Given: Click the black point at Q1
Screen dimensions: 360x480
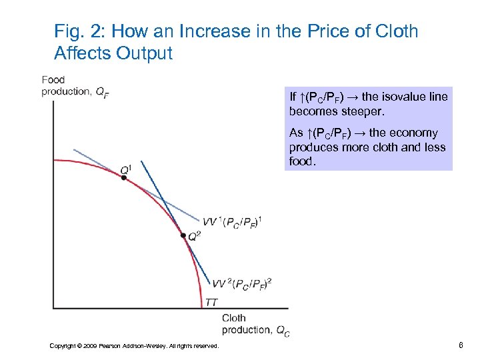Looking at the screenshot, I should pyautogui.click(x=123, y=178).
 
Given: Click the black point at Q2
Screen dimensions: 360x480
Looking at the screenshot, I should pyautogui.click(x=183, y=235).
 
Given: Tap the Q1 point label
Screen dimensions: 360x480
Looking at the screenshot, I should pyautogui.click(x=125, y=169).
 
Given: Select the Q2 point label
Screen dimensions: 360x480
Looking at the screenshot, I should pyautogui.click(x=195, y=236).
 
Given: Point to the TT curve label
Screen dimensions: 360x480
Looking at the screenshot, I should pyautogui.click(x=211, y=302).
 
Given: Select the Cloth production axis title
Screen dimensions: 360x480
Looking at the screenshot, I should pyautogui.click(x=255, y=324).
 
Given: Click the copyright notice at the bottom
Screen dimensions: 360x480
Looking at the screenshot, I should pyautogui.click(x=134, y=345).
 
